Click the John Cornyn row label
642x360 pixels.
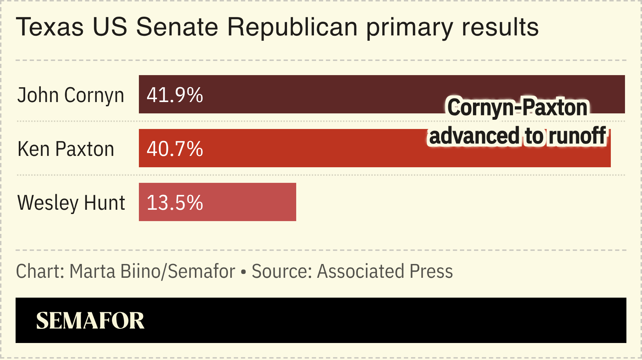(x=71, y=95)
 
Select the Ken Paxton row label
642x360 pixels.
(x=66, y=149)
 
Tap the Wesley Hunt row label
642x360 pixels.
(x=71, y=203)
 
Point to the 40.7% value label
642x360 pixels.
(x=175, y=149)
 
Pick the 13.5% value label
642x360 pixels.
(x=175, y=203)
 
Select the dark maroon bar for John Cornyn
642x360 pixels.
(x=319, y=94)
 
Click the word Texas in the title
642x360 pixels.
(x=50, y=27)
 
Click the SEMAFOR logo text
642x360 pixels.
(x=90, y=321)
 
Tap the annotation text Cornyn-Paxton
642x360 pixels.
(x=517, y=107)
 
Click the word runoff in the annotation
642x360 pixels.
(x=577, y=136)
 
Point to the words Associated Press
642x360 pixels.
(x=385, y=271)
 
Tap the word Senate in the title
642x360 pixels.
(x=177, y=27)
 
